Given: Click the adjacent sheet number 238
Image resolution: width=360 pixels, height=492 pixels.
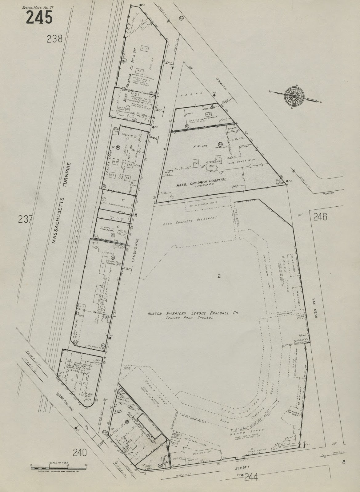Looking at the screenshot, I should click(55, 39).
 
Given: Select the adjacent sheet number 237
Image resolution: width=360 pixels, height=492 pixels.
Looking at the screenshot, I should click(26, 219).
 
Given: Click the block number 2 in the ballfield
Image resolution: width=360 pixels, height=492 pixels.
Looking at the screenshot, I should click(218, 276).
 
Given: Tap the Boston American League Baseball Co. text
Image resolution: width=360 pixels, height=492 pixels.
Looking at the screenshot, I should click(193, 314).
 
